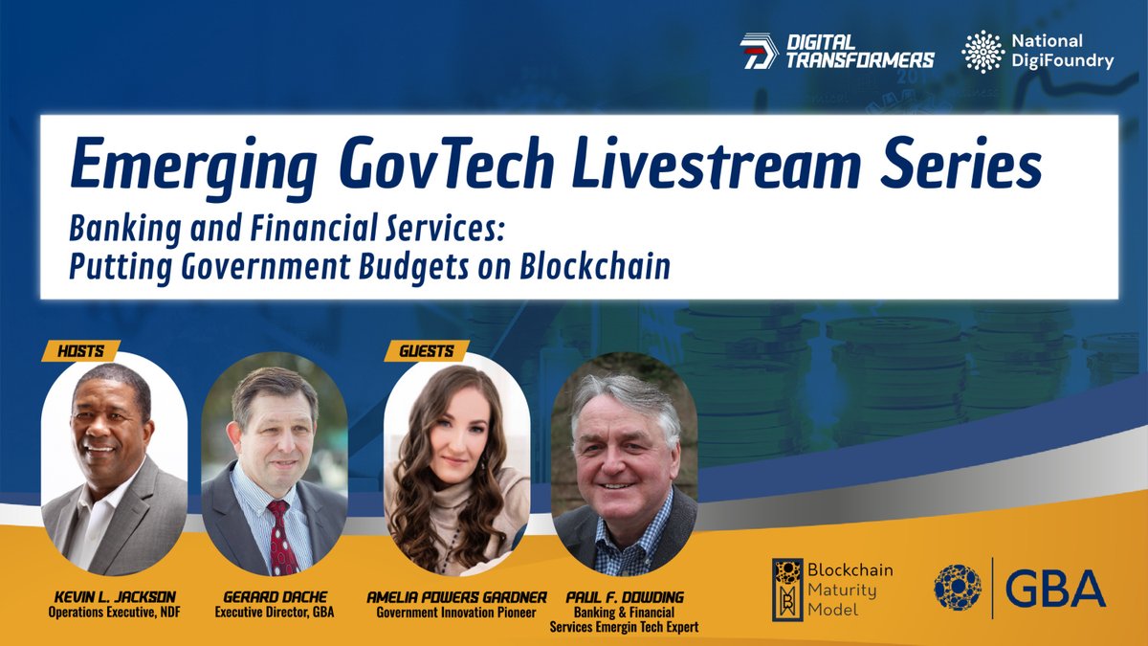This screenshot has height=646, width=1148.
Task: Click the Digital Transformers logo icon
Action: coord(758,51)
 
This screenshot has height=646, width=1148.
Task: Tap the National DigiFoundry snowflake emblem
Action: coord(982,51)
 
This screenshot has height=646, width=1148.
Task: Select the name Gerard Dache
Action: coord(274,596)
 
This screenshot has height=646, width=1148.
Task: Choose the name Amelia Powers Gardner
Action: coord(456,596)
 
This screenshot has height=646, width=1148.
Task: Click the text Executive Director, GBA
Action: coord(274,613)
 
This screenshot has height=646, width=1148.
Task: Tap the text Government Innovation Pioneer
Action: coord(456,613)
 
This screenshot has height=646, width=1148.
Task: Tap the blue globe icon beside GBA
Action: coord(958,587)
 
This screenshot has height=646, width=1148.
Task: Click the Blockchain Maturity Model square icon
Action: coord(787,589)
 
